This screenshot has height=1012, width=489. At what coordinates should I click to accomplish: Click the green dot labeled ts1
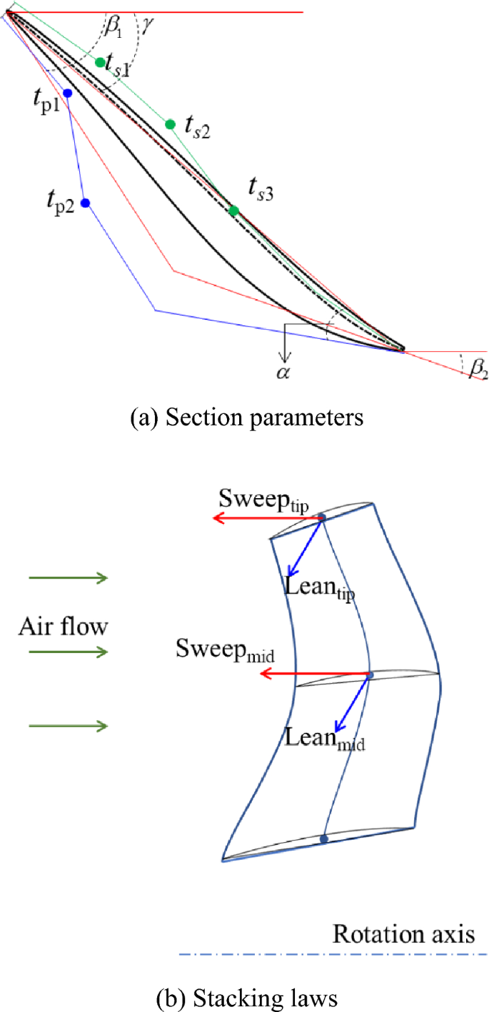(x=100, y=62)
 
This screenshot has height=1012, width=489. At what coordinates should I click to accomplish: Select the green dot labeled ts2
(x=170, y=124)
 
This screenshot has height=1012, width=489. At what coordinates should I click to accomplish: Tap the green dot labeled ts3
(x=233, y=211)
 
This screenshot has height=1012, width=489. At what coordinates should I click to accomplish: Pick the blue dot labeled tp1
(x=67, y=93)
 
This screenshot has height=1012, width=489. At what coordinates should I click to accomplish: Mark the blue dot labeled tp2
(x=85, y=203)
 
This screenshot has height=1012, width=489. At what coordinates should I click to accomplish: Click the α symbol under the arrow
(x=284, y=373)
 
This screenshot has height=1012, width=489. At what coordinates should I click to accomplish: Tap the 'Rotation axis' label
(x=404, y=933)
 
